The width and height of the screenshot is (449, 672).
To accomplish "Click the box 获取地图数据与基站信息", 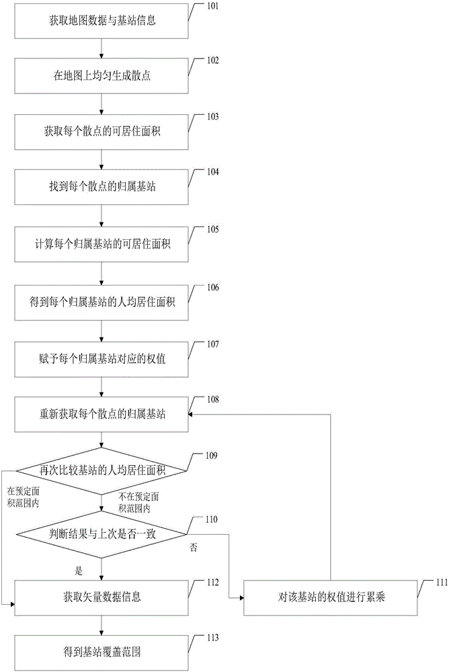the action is pos(101,21).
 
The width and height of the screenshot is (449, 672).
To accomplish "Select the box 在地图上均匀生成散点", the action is pos(101,77).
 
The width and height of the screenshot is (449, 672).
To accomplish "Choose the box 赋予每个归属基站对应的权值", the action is pos(101,359).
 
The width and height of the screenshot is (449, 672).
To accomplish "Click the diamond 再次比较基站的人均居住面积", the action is pos(101,471).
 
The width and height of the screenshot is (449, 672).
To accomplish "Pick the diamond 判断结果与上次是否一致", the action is pos(101,534).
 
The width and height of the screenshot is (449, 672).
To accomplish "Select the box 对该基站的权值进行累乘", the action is pos(331,598).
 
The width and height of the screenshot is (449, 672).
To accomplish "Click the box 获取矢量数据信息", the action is pos(101,598).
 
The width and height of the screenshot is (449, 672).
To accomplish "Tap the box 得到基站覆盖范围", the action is pos(101,653).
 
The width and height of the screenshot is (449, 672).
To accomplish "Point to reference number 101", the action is pos(212,6).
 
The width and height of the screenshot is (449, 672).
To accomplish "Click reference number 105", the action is pos(212,229).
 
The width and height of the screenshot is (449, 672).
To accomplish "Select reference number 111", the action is pos(442,582).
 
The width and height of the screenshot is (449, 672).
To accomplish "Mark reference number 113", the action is pos(212,638).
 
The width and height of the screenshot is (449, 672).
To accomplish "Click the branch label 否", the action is pos(194,547).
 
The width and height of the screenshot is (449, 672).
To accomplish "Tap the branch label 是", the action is pos(79,571).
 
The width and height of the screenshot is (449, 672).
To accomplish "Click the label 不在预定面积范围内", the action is pos(138,503).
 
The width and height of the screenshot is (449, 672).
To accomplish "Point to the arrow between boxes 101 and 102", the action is pos(101,48).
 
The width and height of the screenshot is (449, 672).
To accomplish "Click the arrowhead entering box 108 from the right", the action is pos(192,414).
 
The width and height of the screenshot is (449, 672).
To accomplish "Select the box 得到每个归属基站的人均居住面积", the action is pos(101,302).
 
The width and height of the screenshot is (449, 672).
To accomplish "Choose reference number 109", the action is pos(212,456).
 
